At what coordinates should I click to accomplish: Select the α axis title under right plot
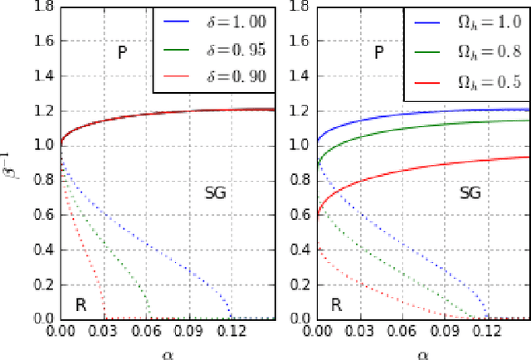click(x=422, y=353)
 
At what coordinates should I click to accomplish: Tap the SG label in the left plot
click(x=215, y=193)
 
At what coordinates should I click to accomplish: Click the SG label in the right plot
click(x=470, y=193)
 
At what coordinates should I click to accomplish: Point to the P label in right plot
click(x=379, y=53)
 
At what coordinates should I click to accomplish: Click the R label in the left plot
click(x=80, y=303)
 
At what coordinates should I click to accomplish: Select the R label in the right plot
click(x=336, y=303)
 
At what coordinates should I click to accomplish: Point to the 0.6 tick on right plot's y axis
click(x=301, y=214)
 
